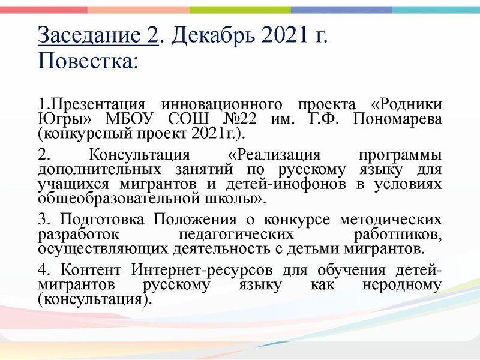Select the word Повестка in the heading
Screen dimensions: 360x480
point(84,61)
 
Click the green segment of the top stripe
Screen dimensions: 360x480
point(240,10)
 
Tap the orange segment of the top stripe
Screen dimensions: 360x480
point(138,10)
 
